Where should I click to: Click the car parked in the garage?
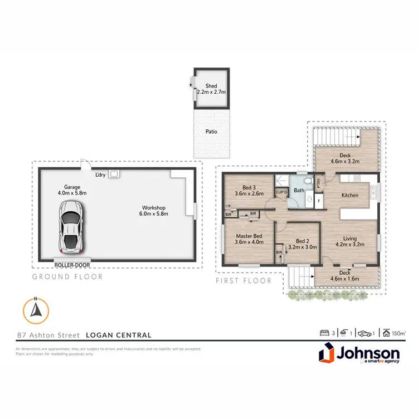(x=71, y=226)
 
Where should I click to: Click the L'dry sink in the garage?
(x=114, y=174)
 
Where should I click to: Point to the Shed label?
(x=211, y=86)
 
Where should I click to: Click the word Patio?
(x=211, y=132)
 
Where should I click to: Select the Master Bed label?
(x=247, y=236)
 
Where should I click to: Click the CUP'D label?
(x=281, y=193)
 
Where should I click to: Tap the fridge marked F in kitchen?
(x=318, y=200)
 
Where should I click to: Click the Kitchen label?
(x=349, y=196)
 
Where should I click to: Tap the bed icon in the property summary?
(x=324, y=333)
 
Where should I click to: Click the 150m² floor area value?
(x=398, y=333)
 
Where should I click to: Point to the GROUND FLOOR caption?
(x=67, y=276)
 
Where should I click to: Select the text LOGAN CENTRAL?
(x=119, y=335)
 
